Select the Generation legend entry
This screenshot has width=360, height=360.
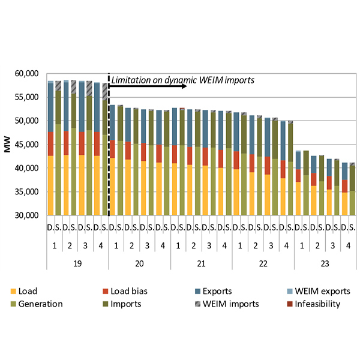40,304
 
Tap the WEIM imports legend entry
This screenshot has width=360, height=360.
233,304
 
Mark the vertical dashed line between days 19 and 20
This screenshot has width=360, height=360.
109,150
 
